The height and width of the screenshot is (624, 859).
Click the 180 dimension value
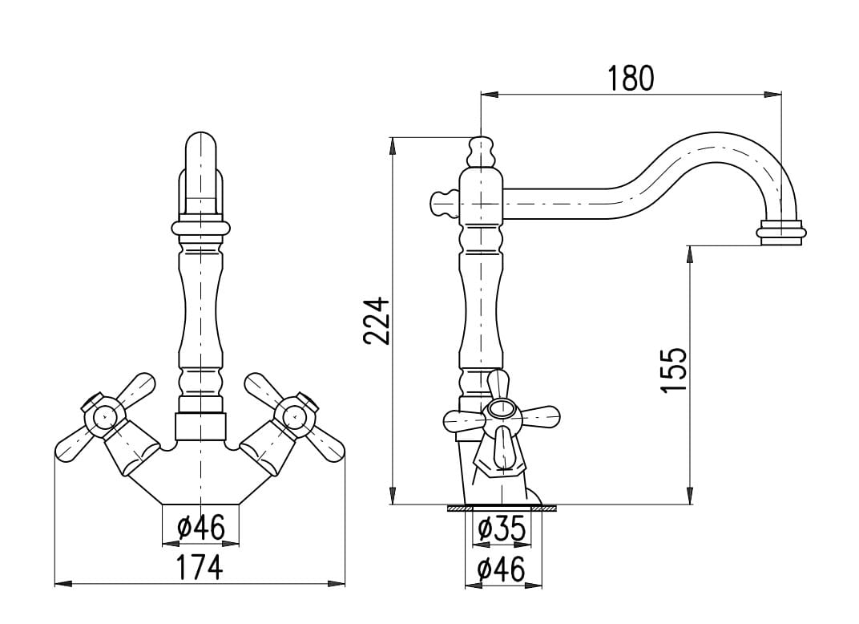(631, 78)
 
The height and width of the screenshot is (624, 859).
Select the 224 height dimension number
(377, 321)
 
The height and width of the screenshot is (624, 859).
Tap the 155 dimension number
(673, 370)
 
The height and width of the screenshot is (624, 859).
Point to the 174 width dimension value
(200, 567)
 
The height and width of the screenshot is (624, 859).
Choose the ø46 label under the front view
(201, 528)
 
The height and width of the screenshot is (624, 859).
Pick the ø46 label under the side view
(502, 569)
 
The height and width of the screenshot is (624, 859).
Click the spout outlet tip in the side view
(782, 233)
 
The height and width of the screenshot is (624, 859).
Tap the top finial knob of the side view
(482, 152)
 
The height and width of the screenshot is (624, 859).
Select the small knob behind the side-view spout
(443, 203)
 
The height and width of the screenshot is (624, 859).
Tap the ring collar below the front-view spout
(200, 229)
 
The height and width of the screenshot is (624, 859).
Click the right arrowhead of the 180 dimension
(772, 95)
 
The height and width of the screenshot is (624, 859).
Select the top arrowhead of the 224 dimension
(393, 145)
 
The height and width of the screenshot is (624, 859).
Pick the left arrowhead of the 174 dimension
(63, 583)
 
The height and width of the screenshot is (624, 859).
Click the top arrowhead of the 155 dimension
(690, 255)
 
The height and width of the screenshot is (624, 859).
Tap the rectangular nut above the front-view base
(200, 426)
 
